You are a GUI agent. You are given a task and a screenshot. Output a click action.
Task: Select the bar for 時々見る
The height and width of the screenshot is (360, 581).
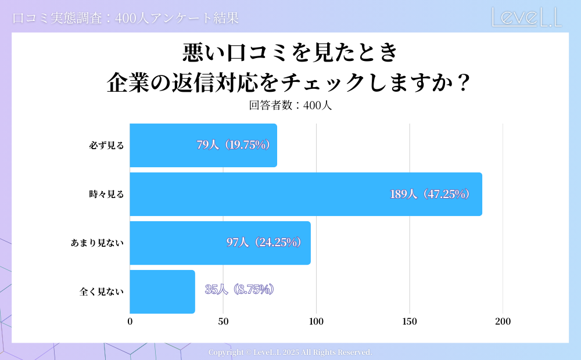pos(306,194)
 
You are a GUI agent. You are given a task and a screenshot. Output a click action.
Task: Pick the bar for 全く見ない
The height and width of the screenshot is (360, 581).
pos(162,291)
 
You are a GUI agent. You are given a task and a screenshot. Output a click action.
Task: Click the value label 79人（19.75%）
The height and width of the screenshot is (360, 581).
pos(234,145)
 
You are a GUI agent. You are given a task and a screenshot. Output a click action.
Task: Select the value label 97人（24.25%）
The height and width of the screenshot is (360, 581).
pos(264,243)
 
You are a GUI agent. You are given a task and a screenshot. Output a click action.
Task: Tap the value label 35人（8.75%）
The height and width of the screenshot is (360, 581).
pos(239,289)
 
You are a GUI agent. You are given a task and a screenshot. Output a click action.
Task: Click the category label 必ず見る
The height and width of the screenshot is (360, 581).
pos(106,146)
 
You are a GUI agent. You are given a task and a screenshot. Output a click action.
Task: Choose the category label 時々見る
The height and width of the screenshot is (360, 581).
pos(106,195)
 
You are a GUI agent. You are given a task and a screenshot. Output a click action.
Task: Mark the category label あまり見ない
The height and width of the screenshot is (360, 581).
pos(98,243)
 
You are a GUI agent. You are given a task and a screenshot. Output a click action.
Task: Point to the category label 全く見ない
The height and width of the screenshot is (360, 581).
pos(102,292)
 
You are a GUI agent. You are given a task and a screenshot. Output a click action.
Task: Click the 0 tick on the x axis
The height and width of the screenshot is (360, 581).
pos(130,322)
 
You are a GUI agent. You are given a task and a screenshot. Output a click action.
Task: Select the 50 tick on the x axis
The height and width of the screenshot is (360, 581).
pos(223,322)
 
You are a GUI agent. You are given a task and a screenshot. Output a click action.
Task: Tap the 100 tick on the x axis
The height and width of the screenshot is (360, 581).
pos(316,322)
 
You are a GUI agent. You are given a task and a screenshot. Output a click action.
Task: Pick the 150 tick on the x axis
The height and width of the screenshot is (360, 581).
pos(410,322)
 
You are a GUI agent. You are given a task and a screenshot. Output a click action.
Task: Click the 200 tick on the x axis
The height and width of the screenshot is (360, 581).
pos(503,322)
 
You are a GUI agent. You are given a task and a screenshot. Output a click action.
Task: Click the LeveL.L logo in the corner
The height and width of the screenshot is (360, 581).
pos(526,17)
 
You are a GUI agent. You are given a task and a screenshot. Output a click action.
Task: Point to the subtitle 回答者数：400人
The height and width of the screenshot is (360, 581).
pos(290,106)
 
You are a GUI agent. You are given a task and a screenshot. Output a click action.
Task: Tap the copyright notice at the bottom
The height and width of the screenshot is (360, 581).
pos(290,352)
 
